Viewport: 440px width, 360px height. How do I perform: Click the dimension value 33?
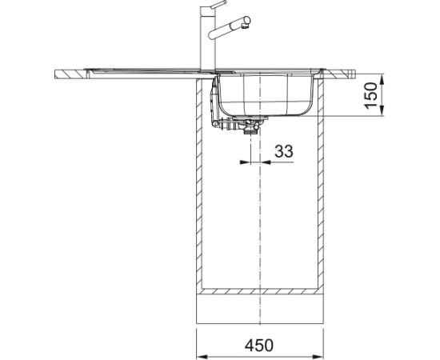point(283,150)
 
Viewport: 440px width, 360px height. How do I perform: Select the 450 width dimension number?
point(258,346)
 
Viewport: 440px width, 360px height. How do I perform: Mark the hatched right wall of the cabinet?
point(321,184)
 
